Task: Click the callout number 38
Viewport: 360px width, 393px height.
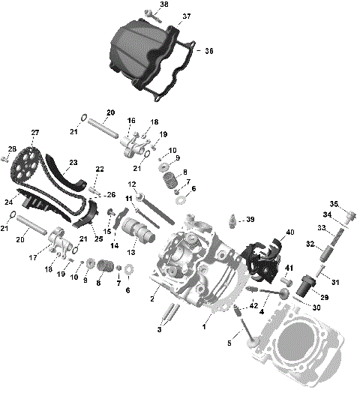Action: point(164,4)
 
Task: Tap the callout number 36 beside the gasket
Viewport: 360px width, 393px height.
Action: point(209,51)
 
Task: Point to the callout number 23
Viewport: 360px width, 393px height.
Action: point(73,162)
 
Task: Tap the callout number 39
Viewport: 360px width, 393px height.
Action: point(250,219)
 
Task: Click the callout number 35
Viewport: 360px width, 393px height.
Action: point(334,203)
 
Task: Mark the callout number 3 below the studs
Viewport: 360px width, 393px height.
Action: point(158,329)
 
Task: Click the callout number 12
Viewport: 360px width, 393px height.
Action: point(130,184)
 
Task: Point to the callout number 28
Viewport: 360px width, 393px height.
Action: point(11,149)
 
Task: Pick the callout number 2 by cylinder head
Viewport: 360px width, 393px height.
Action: point(153,299)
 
